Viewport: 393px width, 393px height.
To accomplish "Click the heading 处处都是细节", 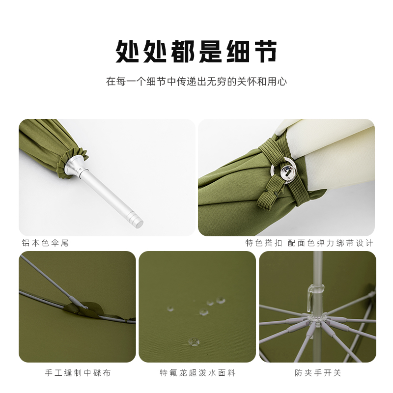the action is point(196,52).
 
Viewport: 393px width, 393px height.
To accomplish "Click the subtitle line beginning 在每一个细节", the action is point(196,82).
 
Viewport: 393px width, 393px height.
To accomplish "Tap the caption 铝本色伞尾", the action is point(45,243).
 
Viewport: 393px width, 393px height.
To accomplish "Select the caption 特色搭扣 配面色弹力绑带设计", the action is point(309,243).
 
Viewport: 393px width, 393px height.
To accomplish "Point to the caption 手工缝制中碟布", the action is point(78,373).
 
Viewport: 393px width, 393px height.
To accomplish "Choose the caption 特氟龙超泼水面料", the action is point(198,373).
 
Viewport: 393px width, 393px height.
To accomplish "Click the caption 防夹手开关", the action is point(318,373).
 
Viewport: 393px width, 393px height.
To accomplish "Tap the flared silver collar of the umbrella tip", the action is point(75,167).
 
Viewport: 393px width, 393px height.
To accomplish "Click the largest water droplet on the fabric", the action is point(194,341).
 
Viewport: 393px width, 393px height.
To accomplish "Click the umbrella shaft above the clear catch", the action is point(317,268).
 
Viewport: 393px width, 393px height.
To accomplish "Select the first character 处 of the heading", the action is point(127,52).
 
